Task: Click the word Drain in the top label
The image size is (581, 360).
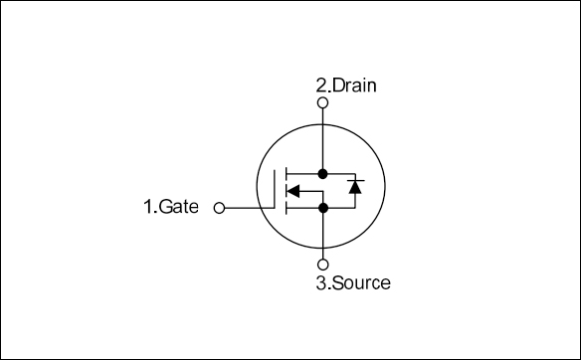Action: [354, 86]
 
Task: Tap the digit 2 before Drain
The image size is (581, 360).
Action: [321, 86]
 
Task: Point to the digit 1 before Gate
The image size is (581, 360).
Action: [147, 208]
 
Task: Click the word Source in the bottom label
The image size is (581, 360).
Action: [360, 283]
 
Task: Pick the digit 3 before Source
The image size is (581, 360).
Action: [321, 283]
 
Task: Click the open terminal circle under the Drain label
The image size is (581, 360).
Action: [323, 102]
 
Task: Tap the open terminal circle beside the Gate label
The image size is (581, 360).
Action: [219, 208]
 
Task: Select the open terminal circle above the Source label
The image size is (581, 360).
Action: [323, 265]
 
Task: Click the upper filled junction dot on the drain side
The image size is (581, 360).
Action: [323, 172]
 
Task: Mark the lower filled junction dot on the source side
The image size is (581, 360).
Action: [323, 208]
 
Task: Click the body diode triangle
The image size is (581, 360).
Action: [353, 187]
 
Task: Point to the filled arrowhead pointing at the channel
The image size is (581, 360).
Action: [292, 190]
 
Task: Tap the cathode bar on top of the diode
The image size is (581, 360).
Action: [353, 180]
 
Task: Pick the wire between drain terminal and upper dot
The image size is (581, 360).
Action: [323, 137]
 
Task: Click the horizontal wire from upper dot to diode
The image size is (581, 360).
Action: [338, 172]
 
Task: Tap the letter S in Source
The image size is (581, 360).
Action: [336, 283]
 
